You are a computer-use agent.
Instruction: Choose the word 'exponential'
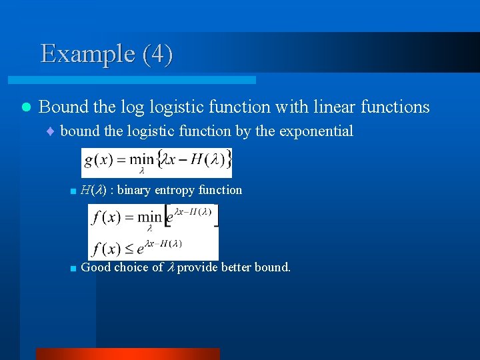[316, 131]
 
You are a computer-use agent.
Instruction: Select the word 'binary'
[137, 190]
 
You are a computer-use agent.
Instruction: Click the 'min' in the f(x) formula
[149, 217]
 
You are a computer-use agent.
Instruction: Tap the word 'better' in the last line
[236, 267]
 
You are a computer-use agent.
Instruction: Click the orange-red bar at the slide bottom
[127, 354]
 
